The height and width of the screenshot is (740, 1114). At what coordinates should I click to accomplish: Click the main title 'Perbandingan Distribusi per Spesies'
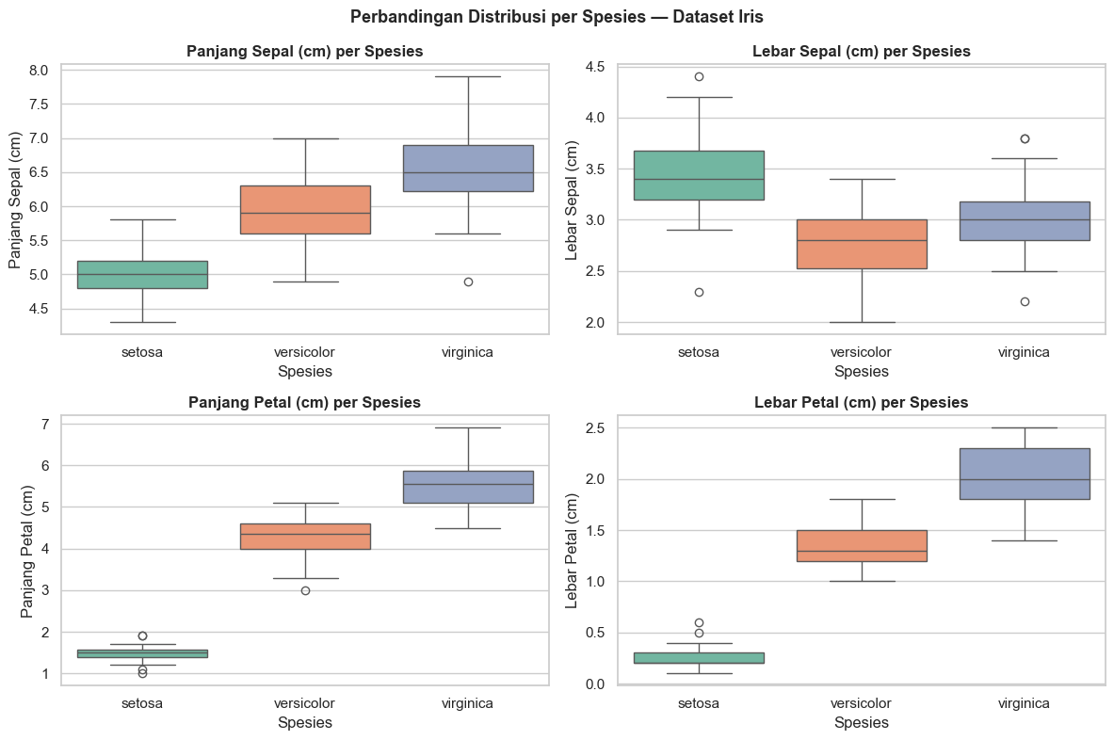pos(557,17)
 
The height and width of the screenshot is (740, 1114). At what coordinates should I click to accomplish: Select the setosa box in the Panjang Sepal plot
pos(142,274)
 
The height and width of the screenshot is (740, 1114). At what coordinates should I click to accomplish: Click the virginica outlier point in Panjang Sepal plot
pos(468,282)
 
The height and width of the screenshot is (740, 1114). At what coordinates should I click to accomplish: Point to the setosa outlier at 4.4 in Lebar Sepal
pos(699,76)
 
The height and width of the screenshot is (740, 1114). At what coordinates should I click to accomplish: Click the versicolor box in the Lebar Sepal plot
pos(862,244)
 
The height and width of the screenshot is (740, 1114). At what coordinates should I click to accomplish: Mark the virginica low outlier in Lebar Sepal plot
pos(1025,301)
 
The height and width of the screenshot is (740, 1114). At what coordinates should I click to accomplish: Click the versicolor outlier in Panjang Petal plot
pos(305,590)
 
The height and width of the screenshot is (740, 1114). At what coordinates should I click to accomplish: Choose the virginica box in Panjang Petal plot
pos(468,487)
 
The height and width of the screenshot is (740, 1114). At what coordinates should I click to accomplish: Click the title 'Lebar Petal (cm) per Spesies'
pos(862,402)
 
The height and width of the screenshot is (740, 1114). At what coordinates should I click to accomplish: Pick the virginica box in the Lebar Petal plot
pos(1025,474)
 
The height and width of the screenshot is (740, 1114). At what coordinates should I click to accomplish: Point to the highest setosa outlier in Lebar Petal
pos(699,622)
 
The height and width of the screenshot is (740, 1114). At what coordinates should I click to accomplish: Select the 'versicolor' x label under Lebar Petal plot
pos(862,703)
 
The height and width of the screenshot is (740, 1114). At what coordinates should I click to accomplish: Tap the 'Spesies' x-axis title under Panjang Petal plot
pos(305,723)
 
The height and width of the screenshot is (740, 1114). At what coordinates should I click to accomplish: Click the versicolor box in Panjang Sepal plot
pos(305,209)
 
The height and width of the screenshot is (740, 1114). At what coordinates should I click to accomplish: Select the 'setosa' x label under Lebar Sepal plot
pos(699,352)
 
